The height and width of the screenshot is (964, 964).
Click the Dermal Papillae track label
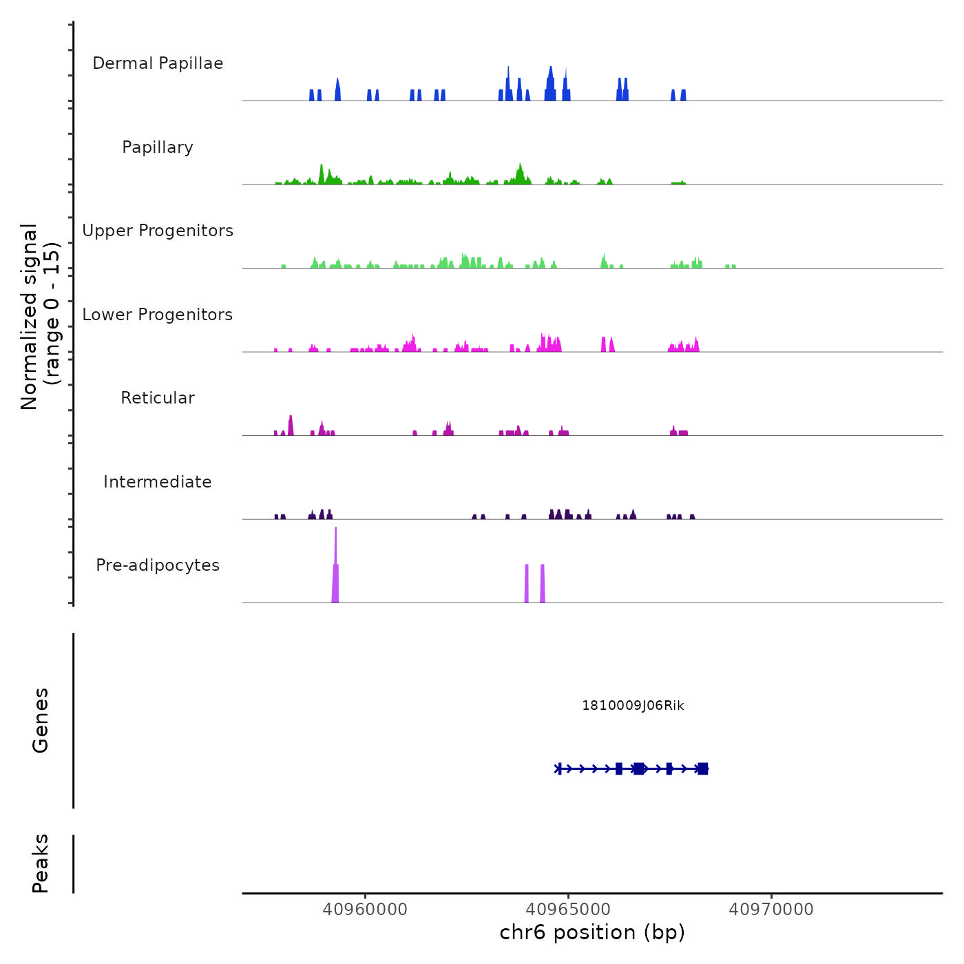[x=158, y=63]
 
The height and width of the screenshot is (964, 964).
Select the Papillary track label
[x=158, y=147]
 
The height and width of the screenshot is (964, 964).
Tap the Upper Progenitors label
[x=158, y=231]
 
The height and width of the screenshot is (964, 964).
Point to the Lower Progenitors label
[x=158, y=315]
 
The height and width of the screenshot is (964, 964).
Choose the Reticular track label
[x=158, y=398]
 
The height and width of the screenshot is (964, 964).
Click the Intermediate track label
[x=158, y=482]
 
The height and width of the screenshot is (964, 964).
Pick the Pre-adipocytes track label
[x=158, y=565]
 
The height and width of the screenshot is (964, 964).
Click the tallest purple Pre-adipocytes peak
[x=335, y=551]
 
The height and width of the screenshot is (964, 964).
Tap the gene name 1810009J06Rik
[x=633, y=706]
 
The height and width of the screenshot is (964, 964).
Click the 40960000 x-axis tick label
[x=365, y=910]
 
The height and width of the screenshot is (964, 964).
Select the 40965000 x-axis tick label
[x=569, y=910]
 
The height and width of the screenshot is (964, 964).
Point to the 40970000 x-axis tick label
[x=771, y=910]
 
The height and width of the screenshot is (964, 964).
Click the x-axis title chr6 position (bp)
[x=592, y=933]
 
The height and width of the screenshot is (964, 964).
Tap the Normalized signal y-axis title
[x=40, y=316]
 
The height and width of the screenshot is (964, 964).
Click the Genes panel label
[x=41, y=720]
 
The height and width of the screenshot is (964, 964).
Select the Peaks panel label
[x=41, y=863]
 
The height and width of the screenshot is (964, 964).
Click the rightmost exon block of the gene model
[x=702, y=768]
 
